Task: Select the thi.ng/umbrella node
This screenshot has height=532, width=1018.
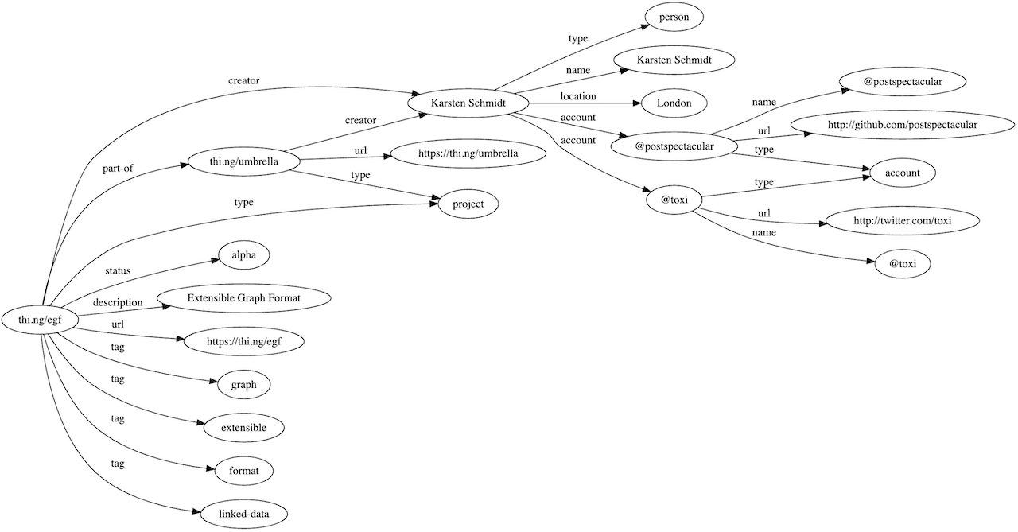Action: [x=244, y=163]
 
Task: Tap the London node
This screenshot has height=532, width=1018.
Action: [x=674, y=103]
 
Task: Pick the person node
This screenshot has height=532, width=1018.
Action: [x=674, y=16]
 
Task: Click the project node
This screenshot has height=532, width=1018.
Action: [x=468, y=204]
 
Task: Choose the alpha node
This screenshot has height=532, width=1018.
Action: [x=244, y=255]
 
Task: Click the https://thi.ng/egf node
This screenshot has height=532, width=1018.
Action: [x=244, y=342]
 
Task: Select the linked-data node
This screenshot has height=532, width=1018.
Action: [x=244, y=514]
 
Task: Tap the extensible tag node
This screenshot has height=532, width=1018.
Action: [x=244, y=428]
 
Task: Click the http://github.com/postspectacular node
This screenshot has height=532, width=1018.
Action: [x=901, y=125]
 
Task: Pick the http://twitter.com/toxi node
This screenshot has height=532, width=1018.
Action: [x=901, y=220]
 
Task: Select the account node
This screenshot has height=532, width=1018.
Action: [x=901, y=173]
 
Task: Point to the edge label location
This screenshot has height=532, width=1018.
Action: [x=578, y=96]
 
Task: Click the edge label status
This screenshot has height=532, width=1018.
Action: [x=118, y=270]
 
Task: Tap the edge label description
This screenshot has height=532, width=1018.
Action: [x=118, y=302]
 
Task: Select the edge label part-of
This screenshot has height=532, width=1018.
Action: [x=118, y=168]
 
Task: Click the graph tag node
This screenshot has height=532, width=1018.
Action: [x=244, y=385]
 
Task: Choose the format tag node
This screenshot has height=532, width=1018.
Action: [x=244, y=471]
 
